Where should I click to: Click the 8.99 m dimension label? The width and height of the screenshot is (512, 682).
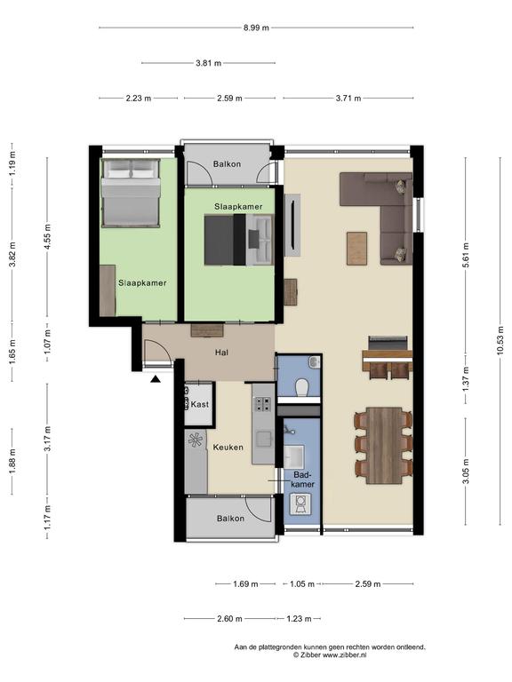point(256,28)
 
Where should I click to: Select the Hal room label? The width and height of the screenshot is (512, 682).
point(221,353)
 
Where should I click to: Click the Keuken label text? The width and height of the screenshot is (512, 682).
point(228,448)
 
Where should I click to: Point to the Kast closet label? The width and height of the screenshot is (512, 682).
point(200,404)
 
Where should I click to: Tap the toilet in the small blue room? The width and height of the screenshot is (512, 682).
point(301,387)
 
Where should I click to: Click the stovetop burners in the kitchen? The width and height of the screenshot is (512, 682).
point(262,405)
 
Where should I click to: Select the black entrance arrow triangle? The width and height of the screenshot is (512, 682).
point(156,380)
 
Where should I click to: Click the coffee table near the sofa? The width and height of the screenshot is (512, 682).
point(357,249)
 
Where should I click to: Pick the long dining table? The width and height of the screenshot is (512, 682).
point(384,446)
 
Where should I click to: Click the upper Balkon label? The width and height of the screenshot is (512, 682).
point(227,164)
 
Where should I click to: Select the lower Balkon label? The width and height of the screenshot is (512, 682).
point(230,519)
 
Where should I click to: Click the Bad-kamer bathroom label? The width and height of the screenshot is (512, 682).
point(303,479)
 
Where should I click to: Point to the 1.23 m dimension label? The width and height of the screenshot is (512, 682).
point(299,618)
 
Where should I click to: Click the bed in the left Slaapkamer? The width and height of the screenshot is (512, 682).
point(131,193)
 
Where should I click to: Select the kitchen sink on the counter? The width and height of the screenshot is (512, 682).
point(263,439)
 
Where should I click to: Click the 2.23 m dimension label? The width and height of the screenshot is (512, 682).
point(139,98)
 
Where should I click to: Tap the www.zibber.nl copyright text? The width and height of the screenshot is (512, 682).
point(344,654)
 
